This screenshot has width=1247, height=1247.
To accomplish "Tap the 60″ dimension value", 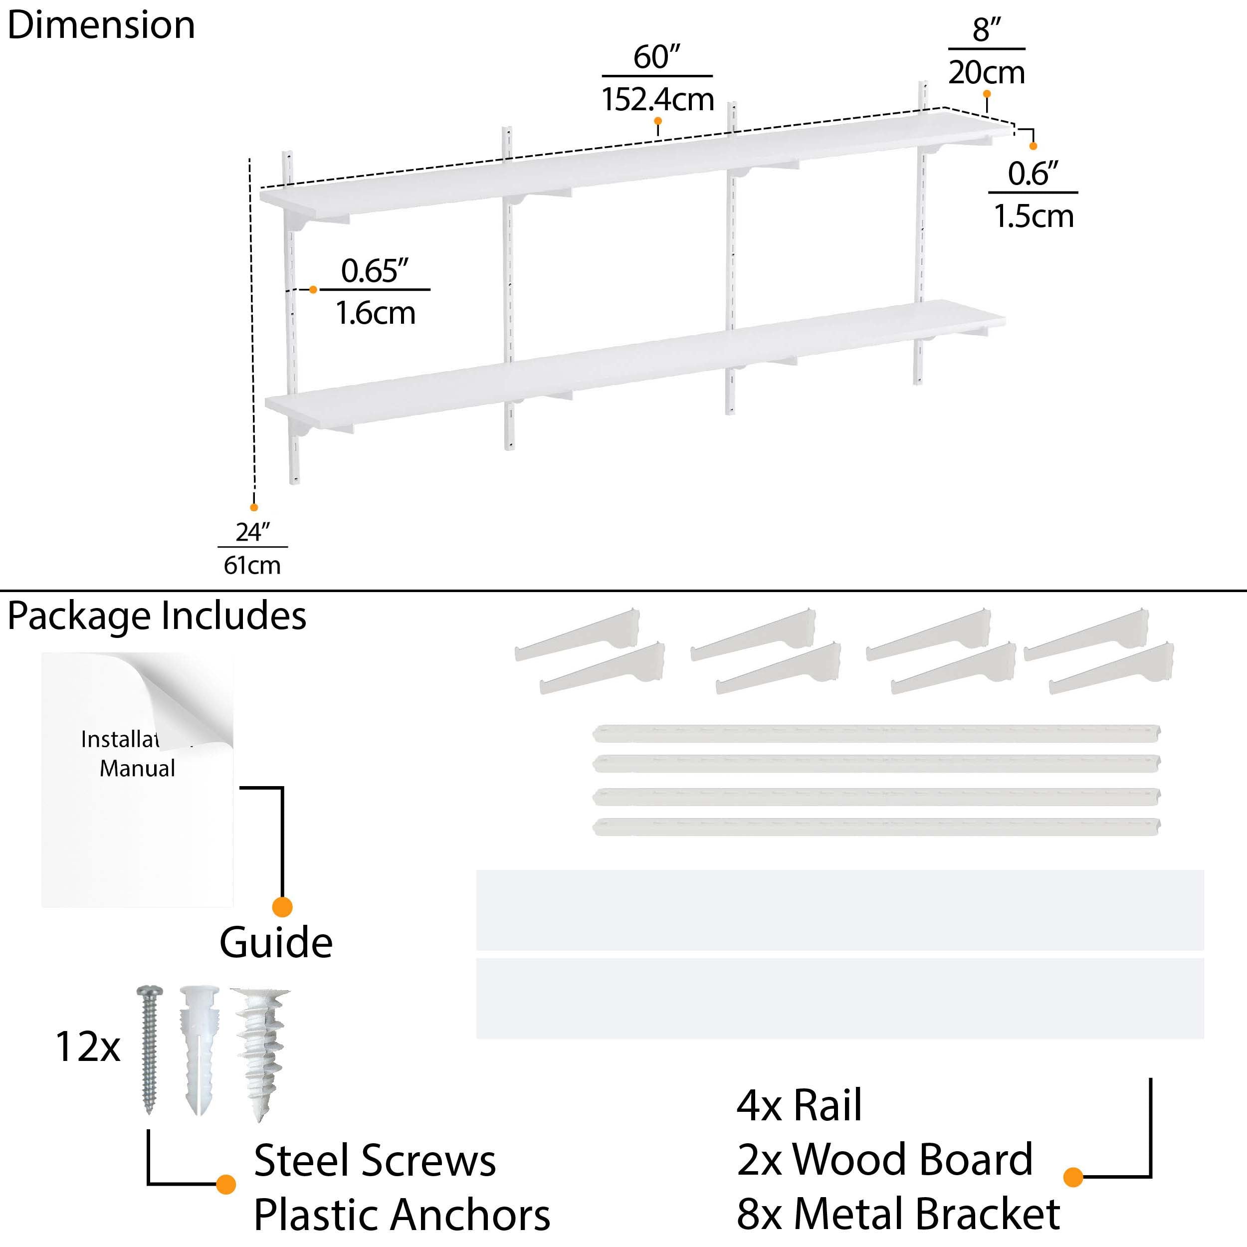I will pyautogui.click(x=656, y=57).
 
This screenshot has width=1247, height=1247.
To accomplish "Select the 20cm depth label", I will pyautogui.click(x=986, y=72).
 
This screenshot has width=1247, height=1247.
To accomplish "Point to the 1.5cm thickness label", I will pyautogui.click(x=1034, y=215).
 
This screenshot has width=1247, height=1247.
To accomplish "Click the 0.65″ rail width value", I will pyautogui.click(x=375, y=270).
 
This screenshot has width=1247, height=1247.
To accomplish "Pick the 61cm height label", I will pyautogui.click(x=252, y=566).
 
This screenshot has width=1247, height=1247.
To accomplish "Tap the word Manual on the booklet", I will pyautogui.click(x=137, y=768).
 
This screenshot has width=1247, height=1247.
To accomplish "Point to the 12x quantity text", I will pyautogui.click(x=88, y=1046).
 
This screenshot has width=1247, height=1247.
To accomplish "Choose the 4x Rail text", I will pyautogui.click(x=799, y=1106).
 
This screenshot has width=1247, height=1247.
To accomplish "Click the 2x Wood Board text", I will pyautogui.click(x=884, y=1160).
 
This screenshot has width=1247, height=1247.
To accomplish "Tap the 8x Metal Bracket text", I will pyautogui.click(x=898, y=1214).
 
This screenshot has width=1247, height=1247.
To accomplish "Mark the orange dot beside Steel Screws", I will pyautogui.click(x=225, y=1184).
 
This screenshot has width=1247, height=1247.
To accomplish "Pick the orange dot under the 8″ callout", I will pyautogui.click(x=986, y=94).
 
